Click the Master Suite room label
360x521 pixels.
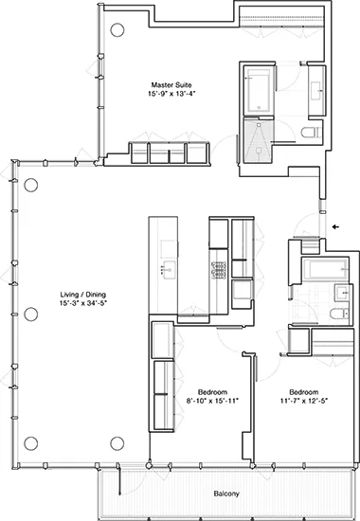171,83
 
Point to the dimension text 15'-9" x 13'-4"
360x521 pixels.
171,93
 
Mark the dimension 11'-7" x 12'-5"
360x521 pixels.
302,401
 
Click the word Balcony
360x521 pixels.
225,494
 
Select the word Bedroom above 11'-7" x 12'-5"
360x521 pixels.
302,391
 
